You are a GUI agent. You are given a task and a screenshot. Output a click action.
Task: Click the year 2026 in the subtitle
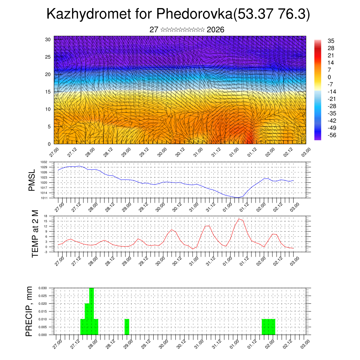pos(216,30)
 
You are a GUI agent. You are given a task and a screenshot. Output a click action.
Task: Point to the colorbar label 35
pos(331,41)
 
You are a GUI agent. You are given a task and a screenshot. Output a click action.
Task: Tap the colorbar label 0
pos(329,77)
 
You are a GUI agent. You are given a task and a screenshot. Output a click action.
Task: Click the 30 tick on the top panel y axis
pos(48,39)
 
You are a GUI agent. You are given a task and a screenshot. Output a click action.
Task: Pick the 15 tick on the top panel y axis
pos(48,92)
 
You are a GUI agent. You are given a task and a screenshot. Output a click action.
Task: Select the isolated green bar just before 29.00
pos(127,327)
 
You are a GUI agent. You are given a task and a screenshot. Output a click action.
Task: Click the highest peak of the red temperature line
pos(239,219)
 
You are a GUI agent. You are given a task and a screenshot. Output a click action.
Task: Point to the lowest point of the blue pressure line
pos(238,198)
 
